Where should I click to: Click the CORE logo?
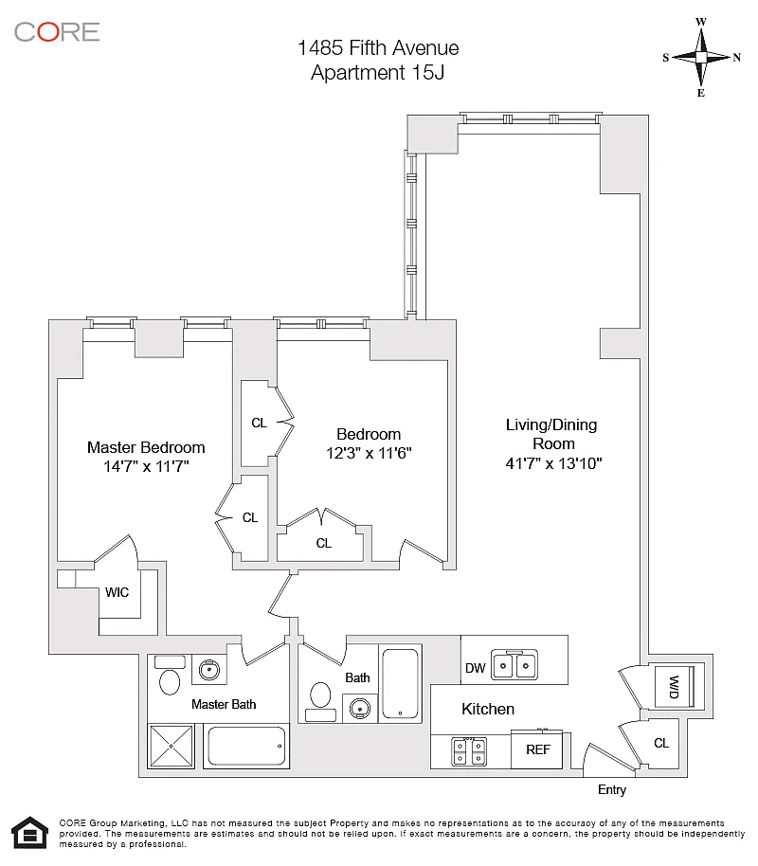coord(57,31)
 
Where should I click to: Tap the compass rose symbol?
coord(701,57)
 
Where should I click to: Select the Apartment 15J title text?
coord(378,72)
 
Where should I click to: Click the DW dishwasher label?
coord(476,668)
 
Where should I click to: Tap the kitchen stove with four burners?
coord(470,750)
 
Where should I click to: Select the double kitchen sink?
coord(514,665)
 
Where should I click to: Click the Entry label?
coord(612,790)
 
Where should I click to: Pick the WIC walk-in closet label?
coord(117,593)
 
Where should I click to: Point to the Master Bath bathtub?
coord(246,747)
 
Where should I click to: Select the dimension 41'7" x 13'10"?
coord(554,463)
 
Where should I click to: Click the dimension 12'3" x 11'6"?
coord(369,453)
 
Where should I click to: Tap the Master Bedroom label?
coord(146,447)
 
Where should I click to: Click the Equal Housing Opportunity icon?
coord(27,834)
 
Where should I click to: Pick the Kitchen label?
coord(488,709)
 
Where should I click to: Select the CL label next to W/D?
coord(661,743)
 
